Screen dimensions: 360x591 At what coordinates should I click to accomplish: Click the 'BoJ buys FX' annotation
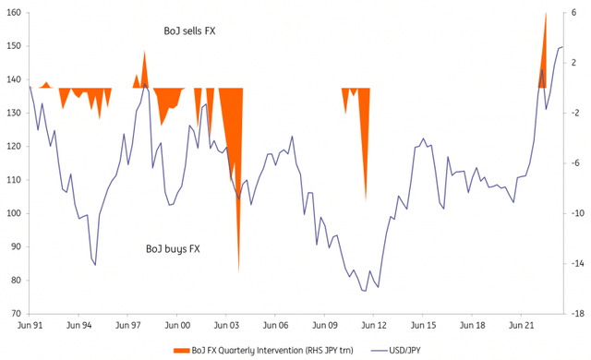(175, 249)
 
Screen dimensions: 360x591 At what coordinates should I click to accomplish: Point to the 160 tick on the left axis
(12, 13)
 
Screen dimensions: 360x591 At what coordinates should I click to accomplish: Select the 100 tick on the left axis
(12, 213)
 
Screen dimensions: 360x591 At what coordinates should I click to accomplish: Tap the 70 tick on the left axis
(12, 314)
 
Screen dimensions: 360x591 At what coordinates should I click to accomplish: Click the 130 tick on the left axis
(12, 114)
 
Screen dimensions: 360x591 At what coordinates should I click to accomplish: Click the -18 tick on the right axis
(575, 314)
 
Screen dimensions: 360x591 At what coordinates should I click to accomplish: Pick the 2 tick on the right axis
(575, 63)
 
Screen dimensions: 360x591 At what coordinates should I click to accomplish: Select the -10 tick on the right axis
(575, 213)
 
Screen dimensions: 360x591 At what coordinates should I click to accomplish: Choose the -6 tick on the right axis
(575, 163)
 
